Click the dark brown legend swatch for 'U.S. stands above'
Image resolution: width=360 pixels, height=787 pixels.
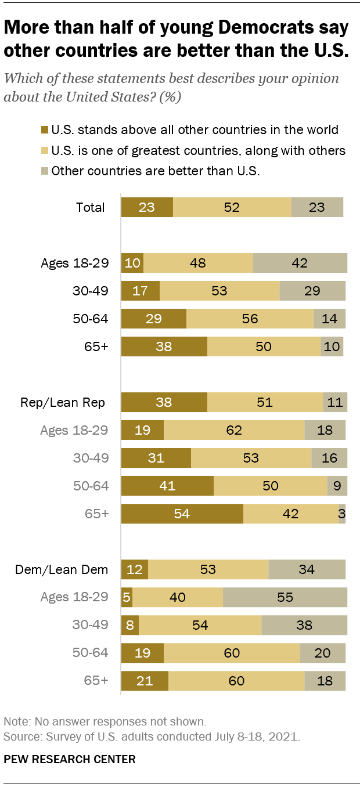(45, 130)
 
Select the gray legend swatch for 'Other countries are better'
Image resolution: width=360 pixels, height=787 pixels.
(45, 171)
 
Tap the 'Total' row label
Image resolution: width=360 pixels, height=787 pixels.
(90, 207)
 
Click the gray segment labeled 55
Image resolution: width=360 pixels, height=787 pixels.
(285, 597)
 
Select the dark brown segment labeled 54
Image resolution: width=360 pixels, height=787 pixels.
(182, 514)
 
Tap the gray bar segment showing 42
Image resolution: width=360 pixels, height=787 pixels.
(300, 263)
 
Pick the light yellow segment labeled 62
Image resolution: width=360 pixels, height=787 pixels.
(234, 430)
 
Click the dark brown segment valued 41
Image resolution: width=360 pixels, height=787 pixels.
(167, 486)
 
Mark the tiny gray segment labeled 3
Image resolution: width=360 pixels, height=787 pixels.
(342, 514)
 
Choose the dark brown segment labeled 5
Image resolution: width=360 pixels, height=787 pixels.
(127, 597)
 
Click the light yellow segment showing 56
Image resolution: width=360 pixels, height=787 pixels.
(250, 319)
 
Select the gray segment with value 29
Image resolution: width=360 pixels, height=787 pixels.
(312, 291)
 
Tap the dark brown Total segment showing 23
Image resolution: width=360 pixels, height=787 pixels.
(147, 207)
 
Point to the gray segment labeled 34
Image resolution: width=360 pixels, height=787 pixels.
(307, 569)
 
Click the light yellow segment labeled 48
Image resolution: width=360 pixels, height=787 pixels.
(198, 263)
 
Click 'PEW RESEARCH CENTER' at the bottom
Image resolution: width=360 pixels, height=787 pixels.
(70, 759)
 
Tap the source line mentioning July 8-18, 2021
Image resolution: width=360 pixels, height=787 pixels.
(152, 737)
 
